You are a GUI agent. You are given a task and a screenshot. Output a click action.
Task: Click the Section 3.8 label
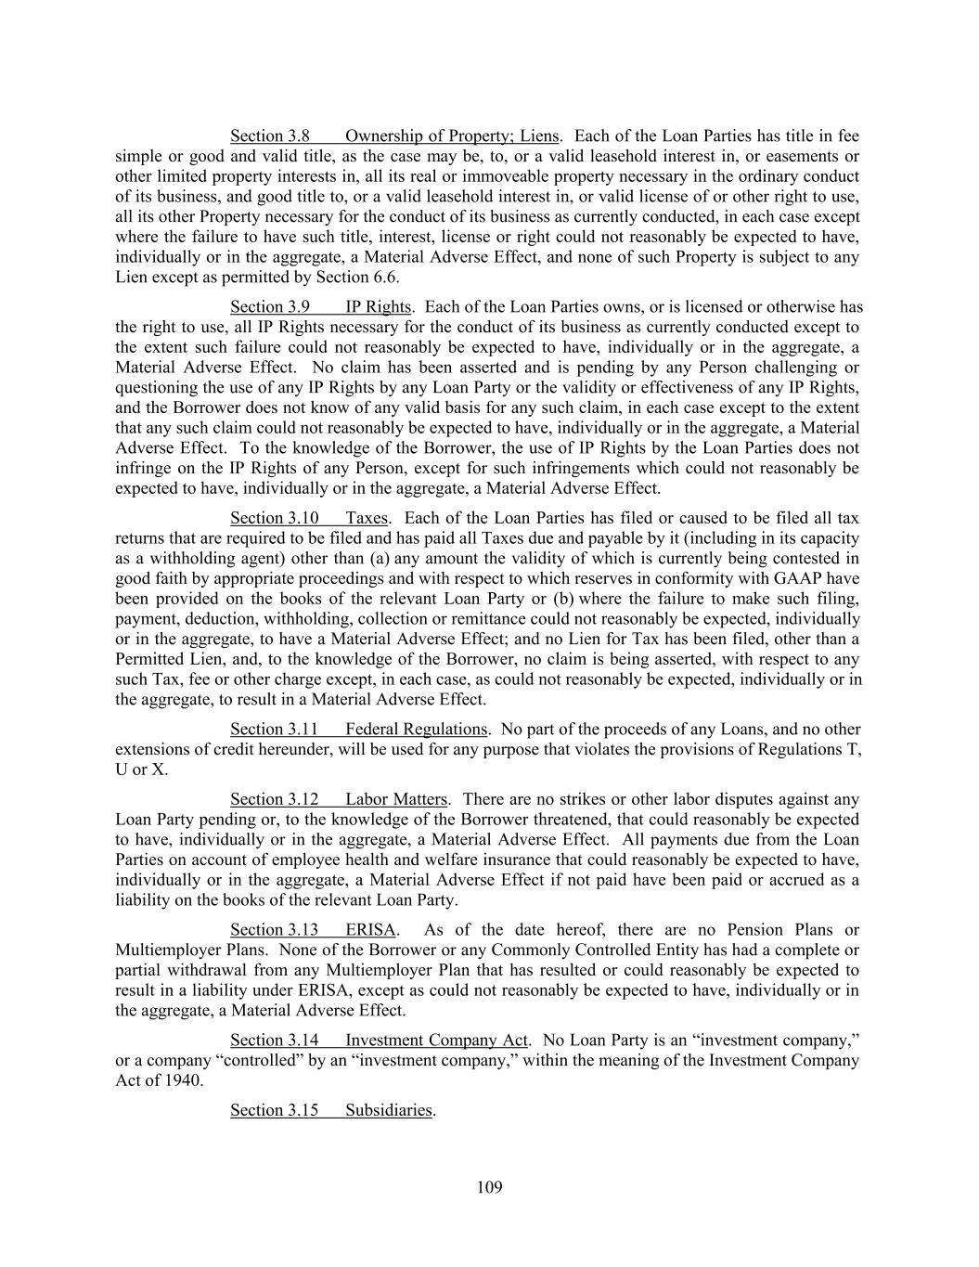click(x=269, y=136)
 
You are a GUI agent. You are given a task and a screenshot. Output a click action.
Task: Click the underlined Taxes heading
click(x=367, y=517)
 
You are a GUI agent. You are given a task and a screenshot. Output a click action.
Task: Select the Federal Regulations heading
click(x=416, y=729)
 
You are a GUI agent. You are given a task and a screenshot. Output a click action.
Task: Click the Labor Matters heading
click(x=396, y=798)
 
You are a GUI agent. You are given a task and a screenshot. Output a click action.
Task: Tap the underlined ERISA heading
click(x=370, y=929)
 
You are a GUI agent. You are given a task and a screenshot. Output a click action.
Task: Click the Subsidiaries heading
click(x=388, y=1109)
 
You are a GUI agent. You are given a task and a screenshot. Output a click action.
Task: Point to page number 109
click(x=489, y=1186)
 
